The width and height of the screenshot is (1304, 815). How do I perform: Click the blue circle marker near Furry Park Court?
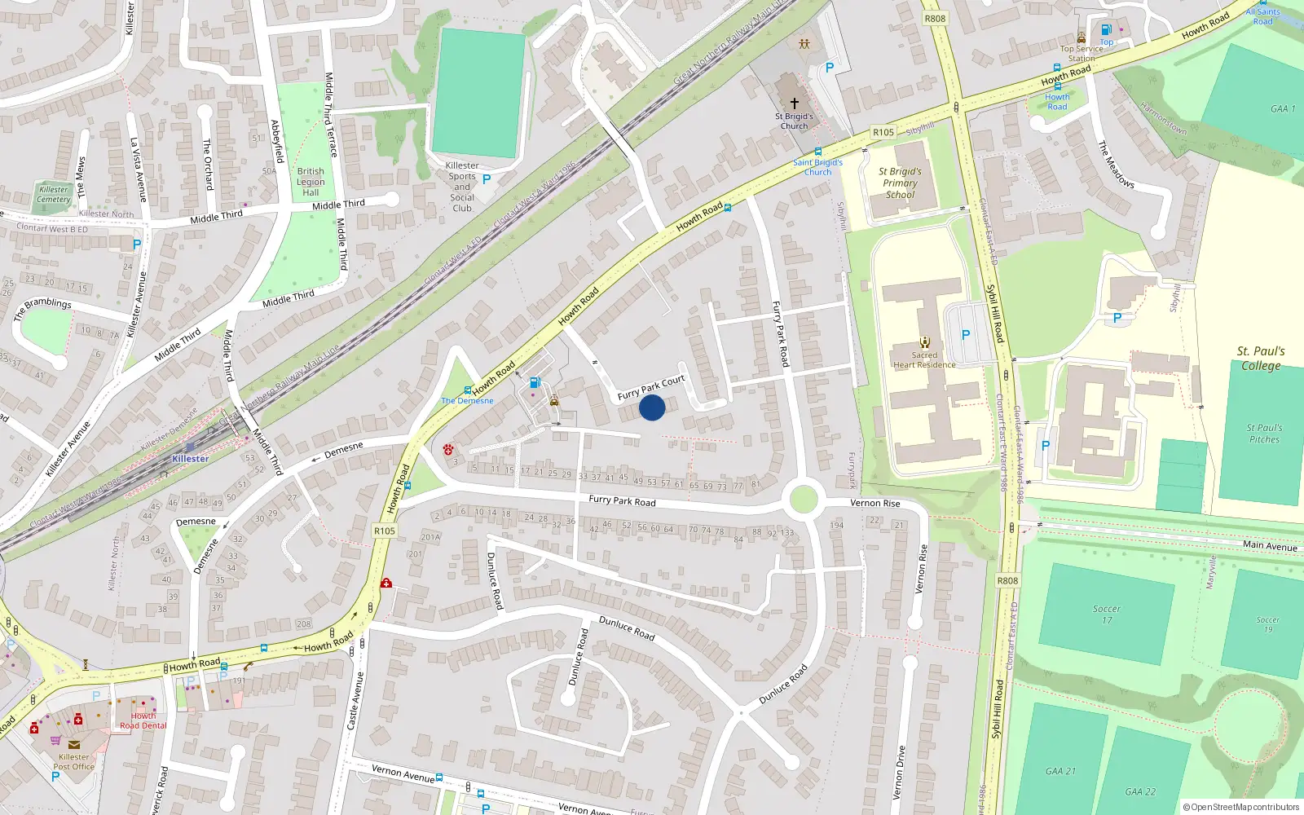tap(652, 407)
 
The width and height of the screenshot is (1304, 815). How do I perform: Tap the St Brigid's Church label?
tap(794, 121)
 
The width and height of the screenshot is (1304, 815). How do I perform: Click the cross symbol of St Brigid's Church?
tap(795, 104)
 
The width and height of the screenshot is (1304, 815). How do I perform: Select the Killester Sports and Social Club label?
tap(462, 187)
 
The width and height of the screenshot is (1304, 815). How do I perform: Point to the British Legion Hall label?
tap(311, 182)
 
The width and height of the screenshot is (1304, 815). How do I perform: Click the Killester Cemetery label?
tap(54, 194)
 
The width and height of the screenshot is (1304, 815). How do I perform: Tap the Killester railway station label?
tap(191, 459)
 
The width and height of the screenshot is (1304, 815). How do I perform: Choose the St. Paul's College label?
tap(1261, 359)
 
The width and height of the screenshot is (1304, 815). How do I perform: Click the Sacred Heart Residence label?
tap(924, 360)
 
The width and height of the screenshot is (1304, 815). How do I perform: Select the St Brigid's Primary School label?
tap(900, 183)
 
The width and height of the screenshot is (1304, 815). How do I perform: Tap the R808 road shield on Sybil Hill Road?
tap(1007, 581)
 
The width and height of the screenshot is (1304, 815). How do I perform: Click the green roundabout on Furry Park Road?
tap(804, 498)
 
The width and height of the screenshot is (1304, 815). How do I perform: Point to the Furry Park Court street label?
tap(650, 387)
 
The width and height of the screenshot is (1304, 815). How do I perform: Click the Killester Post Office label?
tap(73, 762)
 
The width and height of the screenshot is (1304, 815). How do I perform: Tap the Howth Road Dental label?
tap(143, 721)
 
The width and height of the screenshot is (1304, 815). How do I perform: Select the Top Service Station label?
tap(1082, 53)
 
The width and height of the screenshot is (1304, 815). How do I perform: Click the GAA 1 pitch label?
tap(1282, 109)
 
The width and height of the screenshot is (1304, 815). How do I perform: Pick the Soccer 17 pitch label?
tap(1107, 615)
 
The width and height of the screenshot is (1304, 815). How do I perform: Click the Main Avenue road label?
tap(1270, 546)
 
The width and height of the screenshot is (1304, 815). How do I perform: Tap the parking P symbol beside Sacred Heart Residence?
tap(966, 335)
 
